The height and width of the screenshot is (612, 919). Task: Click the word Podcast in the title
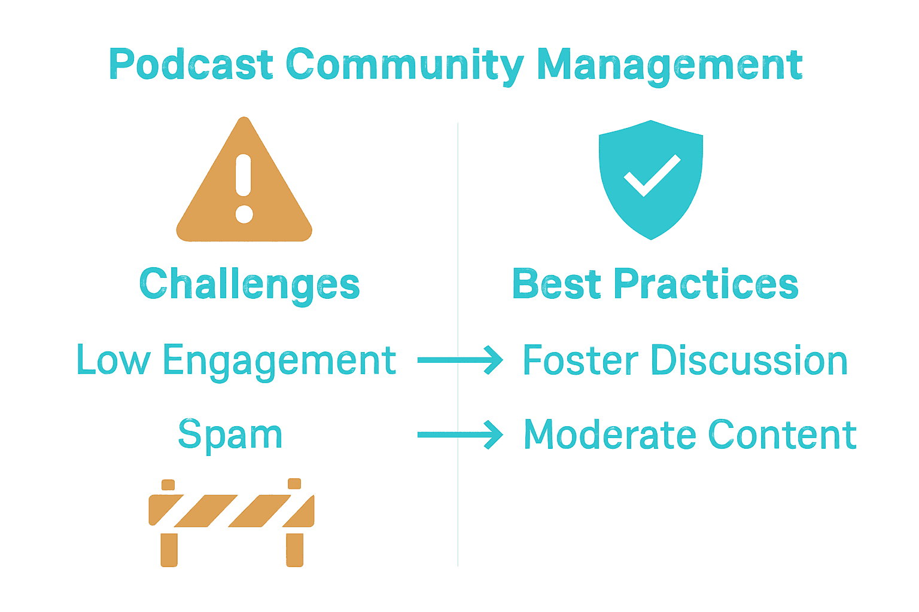tap(191, 65)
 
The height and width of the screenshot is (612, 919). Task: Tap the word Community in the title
tap(404, 65)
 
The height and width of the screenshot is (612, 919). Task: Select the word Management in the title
tap(670, 65)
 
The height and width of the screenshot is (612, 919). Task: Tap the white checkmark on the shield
tap(652, 175)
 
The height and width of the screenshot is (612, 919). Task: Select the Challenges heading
tap(249, 284)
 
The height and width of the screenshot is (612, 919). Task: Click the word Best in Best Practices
tap(556, 284)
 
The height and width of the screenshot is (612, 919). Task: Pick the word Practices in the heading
tap(706, 284)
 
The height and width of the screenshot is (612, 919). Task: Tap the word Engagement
tap(279, 361)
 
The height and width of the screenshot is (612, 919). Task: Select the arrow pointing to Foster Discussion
tap(459, 360)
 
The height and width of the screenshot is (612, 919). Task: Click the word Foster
tap(580, 361)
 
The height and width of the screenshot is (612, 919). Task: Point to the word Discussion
tap(749, 361)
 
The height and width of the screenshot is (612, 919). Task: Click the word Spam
tap(230, 435)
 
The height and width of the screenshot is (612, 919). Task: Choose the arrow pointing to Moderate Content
tap(459, 434)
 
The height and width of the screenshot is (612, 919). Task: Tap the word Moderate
tap(609, 435)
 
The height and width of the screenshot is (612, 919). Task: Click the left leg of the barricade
tap(169, 549)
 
